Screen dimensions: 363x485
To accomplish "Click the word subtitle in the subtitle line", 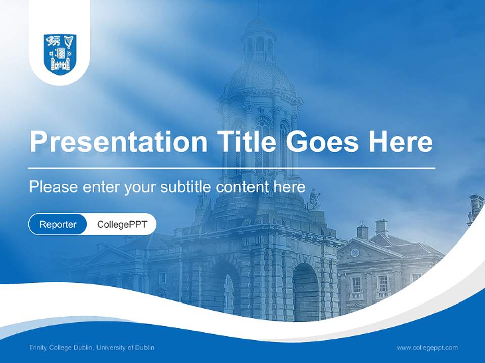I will pos(186,187).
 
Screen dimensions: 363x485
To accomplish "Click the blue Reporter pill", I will pos(58,224).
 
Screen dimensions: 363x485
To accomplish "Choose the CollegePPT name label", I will pos(122,224).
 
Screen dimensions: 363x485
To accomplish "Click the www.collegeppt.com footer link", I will pos(427,347).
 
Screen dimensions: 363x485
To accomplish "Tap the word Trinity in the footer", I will pos(38,347).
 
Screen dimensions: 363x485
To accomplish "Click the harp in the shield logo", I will pos(69,41).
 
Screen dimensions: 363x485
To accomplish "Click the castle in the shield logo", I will pos(60,63).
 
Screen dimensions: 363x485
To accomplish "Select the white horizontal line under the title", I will pos(232,168).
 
